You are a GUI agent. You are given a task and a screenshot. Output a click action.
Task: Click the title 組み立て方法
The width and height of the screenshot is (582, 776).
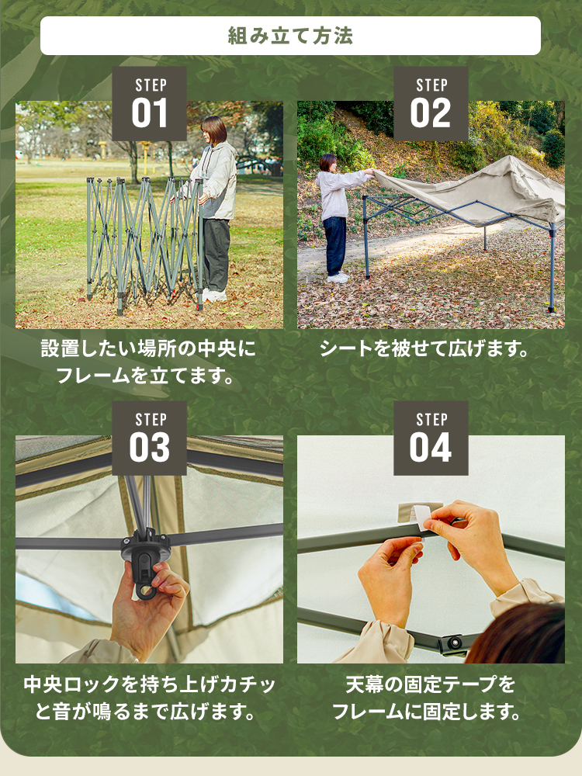pos(290,36)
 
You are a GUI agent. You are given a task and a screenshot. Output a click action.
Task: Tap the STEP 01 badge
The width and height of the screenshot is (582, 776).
pos(150,104)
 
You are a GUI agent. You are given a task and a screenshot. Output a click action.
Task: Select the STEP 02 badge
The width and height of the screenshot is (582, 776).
pos(431,104)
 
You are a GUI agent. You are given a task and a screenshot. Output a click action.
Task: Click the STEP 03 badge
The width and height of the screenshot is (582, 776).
pos(150,438)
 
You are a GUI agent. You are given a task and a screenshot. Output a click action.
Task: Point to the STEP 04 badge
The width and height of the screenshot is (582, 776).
pos(431,438)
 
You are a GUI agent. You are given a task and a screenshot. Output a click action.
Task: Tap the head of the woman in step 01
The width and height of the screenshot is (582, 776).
pos(214,130)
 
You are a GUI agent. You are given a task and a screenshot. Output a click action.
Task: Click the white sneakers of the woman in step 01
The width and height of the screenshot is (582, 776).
pos(214,296)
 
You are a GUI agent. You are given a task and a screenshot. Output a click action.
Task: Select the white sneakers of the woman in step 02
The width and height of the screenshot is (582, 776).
pos(338,278)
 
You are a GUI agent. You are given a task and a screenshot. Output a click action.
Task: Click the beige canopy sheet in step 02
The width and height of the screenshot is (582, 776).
pos(475,191)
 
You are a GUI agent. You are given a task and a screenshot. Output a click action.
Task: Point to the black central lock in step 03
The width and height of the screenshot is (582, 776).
pos(146,563)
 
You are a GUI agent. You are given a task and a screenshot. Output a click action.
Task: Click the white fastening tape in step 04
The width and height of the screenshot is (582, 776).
pos(421,514)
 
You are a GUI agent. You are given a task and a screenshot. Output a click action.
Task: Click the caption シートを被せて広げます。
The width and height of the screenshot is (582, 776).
pos(424,349)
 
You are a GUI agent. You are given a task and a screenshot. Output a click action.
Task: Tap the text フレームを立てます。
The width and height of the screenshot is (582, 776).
pos(144,376)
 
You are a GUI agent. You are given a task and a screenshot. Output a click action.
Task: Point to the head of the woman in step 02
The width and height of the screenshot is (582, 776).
pos(327,163)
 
